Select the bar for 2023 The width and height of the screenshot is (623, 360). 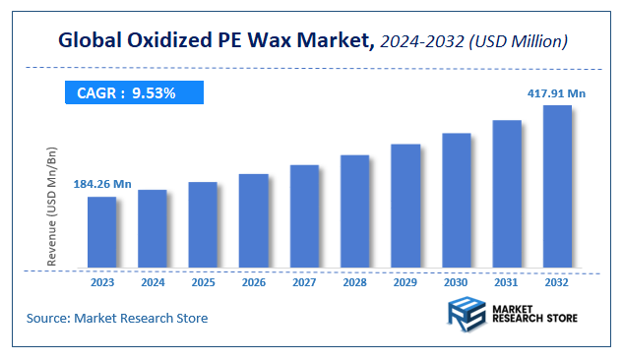[x=101, y=232]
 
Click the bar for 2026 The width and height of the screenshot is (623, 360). [x=253, y=220]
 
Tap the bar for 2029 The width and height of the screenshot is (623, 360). [x=405, y=206]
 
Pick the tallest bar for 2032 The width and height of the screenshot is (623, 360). [x=557, y=186]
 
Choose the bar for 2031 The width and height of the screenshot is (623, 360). [x=507, y=194]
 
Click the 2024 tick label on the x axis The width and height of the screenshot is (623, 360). [x=153, y=282]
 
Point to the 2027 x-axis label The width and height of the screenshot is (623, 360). [x=304, y=282]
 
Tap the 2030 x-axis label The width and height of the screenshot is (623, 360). [x=456, y=282]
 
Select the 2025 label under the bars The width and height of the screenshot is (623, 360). [x=203, y=282]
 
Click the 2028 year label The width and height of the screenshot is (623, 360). [x=354, y=282]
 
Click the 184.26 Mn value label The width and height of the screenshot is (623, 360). [x=101, y=184]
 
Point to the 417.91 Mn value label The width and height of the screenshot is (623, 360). [x=556, y=93]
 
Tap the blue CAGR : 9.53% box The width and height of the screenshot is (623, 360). [x=133, y=93]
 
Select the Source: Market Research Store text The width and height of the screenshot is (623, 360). [x=117, y=319]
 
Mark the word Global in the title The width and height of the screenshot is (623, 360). [x=86, y=41]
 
